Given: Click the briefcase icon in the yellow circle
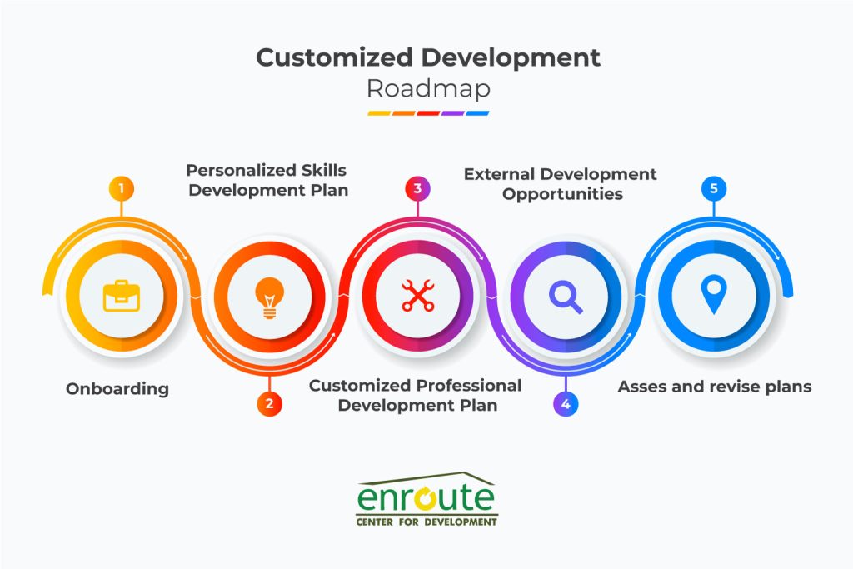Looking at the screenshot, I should [121, 296].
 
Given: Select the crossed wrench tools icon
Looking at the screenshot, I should [417, 296].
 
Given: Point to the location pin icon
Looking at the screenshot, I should [713, 295].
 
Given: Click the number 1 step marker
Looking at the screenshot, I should [121, 188].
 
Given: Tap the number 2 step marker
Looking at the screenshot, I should [269, 404].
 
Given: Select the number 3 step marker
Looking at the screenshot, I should [417, 188].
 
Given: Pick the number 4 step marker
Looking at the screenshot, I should [566, 404].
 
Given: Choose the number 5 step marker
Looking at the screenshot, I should [713, 188].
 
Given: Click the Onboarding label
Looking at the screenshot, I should [117, 388].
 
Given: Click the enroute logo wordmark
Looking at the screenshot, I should [426, 497].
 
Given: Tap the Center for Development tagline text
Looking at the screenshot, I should [426, 522].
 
